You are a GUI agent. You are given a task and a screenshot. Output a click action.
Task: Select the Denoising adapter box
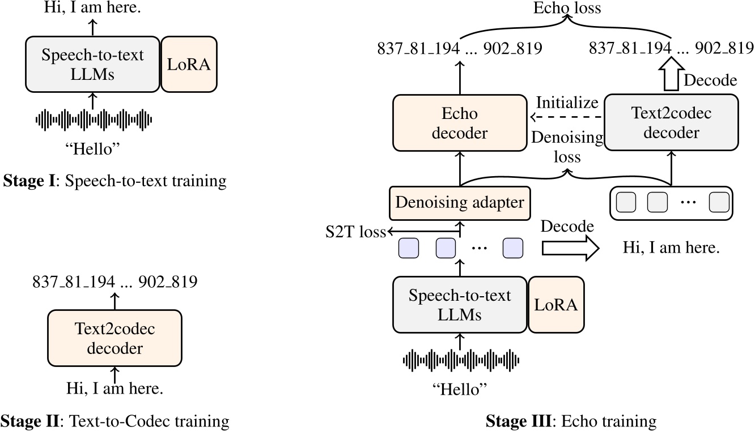coord(459,202)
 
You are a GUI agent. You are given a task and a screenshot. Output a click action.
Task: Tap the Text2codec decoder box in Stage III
coord(671,122)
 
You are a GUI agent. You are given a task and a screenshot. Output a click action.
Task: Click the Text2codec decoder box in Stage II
coord(114,338)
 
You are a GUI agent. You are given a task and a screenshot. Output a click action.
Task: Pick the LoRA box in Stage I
coord(189,64)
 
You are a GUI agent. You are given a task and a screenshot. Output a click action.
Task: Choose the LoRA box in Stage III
coord(555,305)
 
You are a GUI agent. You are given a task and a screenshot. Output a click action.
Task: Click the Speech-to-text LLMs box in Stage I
coord(93,64)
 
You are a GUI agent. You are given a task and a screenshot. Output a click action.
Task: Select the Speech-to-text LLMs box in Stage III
coord(460,305)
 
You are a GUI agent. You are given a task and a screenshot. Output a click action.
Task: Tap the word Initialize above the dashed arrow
coord(567,103)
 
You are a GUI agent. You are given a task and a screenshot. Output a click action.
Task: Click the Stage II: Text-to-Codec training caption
coord(115,421)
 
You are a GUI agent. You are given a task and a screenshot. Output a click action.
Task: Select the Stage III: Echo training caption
coord(571,421)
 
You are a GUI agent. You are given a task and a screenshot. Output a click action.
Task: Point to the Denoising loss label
coord(567,146)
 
